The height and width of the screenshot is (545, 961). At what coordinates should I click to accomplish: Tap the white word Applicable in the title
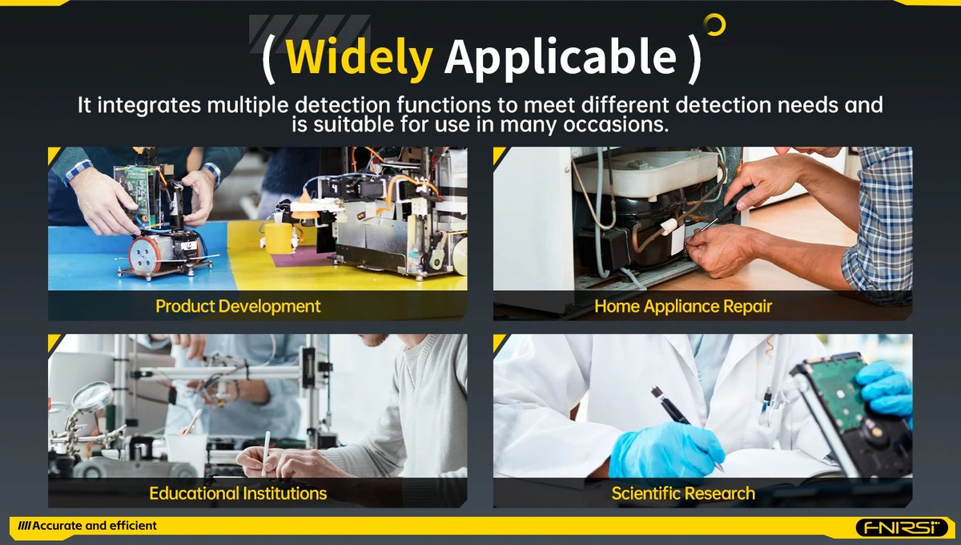pos(561,59)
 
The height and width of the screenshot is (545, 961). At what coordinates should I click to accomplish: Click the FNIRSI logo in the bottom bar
pos(902,527)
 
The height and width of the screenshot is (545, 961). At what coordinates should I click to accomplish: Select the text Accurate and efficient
pos(94,526)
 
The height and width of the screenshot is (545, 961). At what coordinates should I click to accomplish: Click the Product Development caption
pos(238,306)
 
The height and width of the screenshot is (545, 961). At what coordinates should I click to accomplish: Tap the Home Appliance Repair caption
pos(683,306)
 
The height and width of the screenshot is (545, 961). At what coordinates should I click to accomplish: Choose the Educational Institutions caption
pos(238,494)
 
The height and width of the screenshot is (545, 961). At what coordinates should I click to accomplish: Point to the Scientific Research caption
pos(683,494)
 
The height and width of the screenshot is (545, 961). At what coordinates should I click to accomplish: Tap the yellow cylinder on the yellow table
pos(279,237)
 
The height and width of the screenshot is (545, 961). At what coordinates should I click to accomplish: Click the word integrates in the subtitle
pos(149,105)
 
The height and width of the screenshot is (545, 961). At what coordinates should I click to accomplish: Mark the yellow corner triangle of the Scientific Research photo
pos(498,342)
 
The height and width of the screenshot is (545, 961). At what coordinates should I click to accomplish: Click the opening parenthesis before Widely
pos(268,59)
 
